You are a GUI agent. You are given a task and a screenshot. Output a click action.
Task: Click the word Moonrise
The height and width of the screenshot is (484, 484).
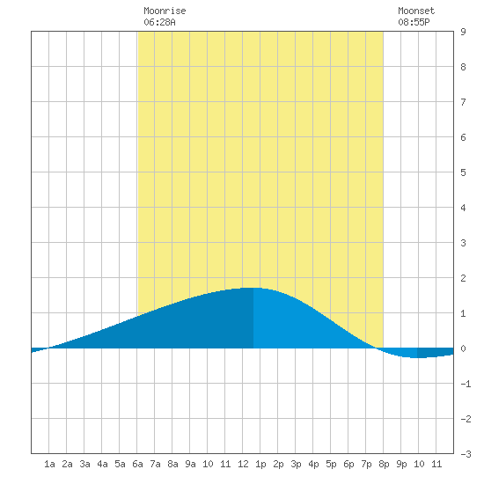(165, 11)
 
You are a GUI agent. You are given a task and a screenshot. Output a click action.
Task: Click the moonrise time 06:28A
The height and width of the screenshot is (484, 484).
(159, 22)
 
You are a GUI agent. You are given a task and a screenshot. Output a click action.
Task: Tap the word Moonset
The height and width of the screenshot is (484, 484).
(416, 11)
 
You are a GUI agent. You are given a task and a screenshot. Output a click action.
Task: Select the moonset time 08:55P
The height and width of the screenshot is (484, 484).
(414, 22)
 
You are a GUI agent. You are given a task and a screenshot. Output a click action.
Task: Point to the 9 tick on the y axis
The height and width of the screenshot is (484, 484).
(463, 32)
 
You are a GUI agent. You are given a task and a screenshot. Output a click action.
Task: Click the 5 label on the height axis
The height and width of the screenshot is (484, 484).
(463, 172)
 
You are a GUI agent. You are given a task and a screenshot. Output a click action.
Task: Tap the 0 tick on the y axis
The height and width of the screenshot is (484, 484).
(463, 348)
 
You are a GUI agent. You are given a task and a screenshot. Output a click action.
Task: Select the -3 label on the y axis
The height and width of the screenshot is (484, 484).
(466, 454)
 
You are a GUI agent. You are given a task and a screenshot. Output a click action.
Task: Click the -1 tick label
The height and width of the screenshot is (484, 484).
(466, 384)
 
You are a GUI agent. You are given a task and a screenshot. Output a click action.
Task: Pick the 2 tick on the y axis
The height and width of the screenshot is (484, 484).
(463, 278)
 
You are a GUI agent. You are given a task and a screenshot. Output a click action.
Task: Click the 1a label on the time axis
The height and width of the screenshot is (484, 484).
(49, 464)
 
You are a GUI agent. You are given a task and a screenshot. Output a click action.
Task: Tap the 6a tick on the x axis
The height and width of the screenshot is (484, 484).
(137, 464)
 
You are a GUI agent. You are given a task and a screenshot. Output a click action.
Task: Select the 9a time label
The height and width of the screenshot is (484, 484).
(190, 464)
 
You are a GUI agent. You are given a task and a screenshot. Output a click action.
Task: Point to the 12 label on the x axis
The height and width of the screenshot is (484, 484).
(243, 464)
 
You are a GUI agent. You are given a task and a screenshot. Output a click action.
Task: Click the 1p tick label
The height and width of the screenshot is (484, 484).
(260, 464)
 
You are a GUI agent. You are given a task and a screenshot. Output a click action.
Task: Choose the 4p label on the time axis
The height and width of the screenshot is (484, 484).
(313, 464)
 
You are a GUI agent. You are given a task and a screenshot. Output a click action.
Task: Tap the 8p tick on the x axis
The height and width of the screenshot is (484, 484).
(384, 464)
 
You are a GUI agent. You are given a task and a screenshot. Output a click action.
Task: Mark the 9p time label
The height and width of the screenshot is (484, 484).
(401, 464)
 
